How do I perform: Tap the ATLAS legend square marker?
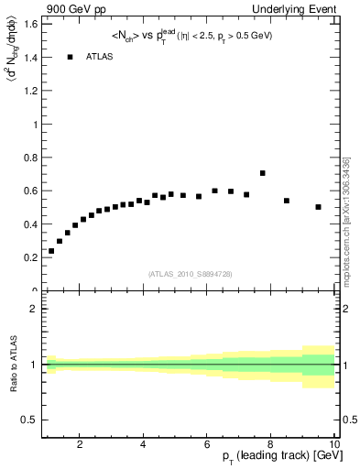(70, 57)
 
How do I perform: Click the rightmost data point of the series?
(318, 207)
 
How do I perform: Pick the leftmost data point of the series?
(51, 251)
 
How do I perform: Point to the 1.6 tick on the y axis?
(29, 24)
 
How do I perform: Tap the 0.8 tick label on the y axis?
(29, 158)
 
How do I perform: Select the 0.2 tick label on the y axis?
(29, 257)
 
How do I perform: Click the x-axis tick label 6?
(207, 445)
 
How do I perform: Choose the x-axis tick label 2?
(80, 445)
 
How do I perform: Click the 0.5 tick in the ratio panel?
(29, 420)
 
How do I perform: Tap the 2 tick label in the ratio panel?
(34, 309)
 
